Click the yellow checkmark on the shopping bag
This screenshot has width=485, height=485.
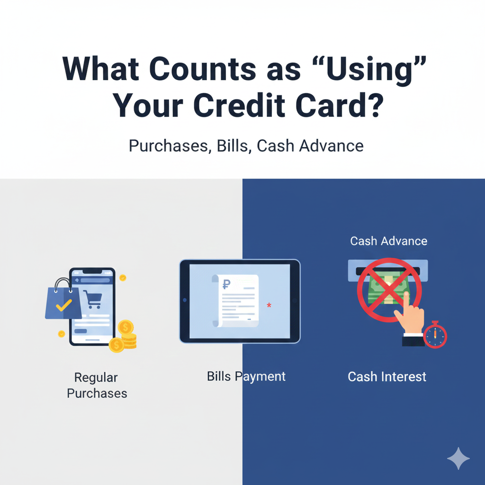pos(63,305)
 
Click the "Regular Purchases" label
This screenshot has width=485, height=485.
pos(97,385)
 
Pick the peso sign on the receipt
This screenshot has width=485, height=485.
pos(226,285)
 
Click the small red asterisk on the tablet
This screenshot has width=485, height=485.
pos(269,305)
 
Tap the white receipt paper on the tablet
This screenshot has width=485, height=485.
pos(236,300)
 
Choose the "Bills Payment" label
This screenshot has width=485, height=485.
pos(246,377)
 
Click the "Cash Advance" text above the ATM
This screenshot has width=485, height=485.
pos(388,241)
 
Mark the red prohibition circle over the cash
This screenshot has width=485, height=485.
pos(388,290)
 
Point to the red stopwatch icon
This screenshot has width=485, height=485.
pos(435,335)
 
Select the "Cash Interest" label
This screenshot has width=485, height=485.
pos(387,377)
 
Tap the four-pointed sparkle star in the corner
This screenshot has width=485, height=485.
pos(458,458)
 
